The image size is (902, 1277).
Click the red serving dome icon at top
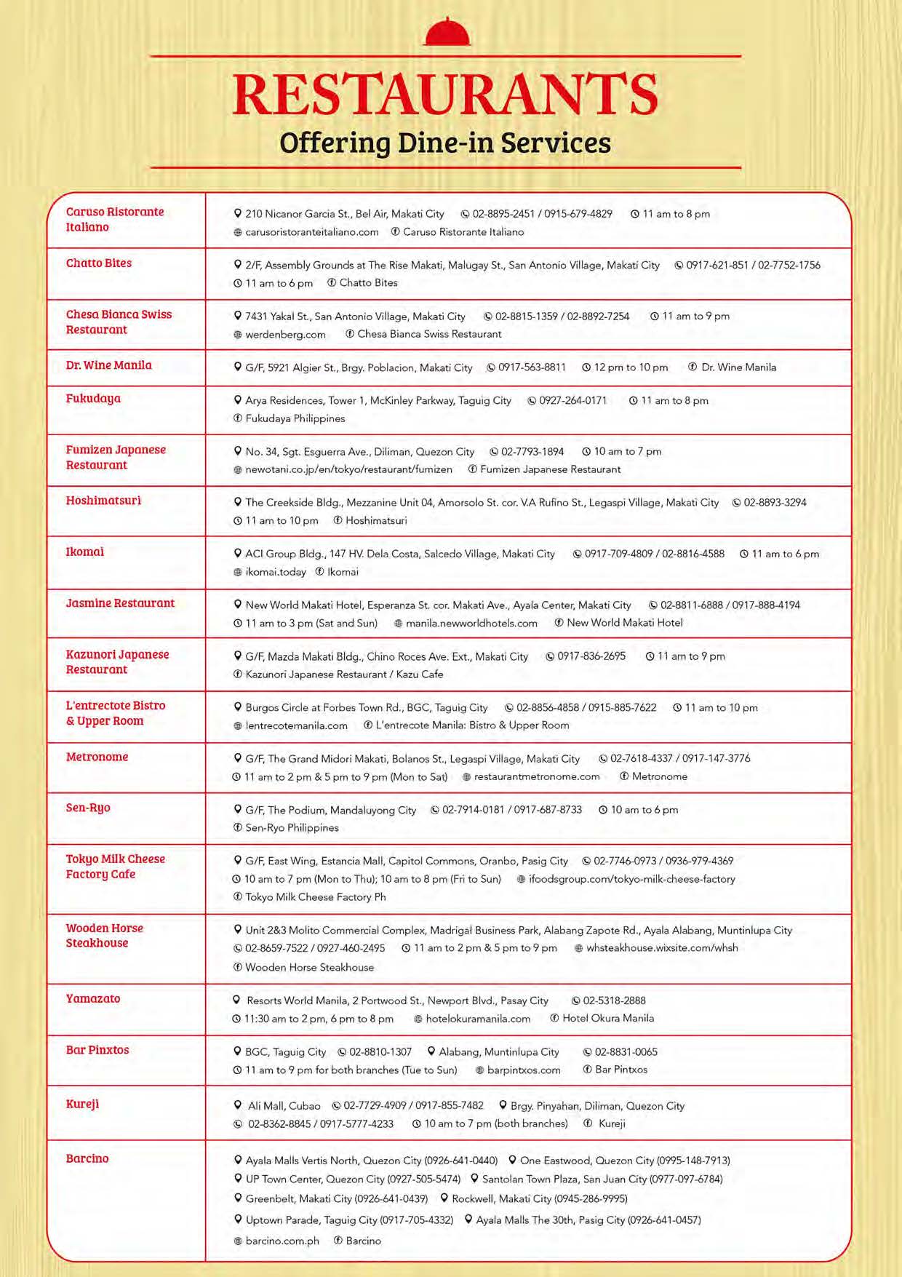point(447,33)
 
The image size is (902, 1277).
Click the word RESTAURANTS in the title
point(445,95)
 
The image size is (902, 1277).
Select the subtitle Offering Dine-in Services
point(445,143)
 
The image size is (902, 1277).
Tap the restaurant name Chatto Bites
point(99,263)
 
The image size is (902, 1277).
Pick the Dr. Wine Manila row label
point(109,365)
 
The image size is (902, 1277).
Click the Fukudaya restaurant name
point(93,399)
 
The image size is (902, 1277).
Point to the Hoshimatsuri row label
point(103,501)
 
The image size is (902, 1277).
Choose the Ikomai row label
point(85,552)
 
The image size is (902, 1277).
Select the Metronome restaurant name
point(97,757)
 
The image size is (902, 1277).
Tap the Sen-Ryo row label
point(88,808)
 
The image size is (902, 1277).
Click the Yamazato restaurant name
point(93,998)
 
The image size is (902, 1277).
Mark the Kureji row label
point(82,1104)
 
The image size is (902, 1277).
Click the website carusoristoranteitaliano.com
point(311,232)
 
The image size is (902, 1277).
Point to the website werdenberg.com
point(285,335)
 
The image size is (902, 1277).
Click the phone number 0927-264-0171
point(572,401)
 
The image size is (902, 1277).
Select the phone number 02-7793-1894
point(532,452)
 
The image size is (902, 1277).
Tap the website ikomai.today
point(276,572)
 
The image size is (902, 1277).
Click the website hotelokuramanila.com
point(478,1019)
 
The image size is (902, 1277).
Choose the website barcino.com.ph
point(282,1241)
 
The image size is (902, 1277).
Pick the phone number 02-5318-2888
point(614,1001)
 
